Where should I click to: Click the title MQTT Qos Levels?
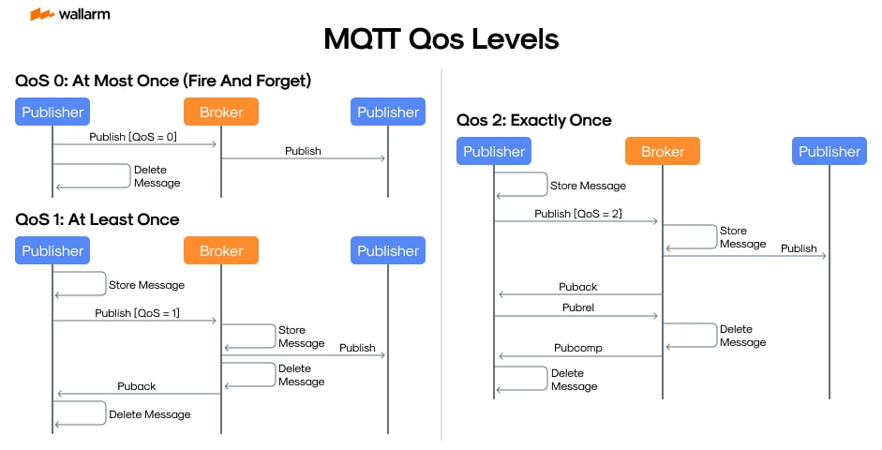[x=441, y=39]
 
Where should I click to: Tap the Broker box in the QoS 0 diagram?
[x=221, y=112]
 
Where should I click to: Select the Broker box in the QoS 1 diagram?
[x=221, y=250]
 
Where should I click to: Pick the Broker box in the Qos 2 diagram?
[x=663, y=152]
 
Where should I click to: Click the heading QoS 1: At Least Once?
[x=97, y=219]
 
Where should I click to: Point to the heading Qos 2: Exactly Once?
[x=534, y=120]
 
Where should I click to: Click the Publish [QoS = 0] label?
[x=133, y=137]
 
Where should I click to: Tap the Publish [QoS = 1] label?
[x=137, y=313]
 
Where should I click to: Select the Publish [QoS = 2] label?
[x=578, y=214]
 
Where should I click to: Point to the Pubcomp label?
[x=577, y=348]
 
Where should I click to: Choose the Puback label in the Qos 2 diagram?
[x=577, y=287]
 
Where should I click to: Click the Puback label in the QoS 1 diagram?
[x=137, y=385]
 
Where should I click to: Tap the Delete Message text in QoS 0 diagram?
[x=157, y=176]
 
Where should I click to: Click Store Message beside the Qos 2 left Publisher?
[x=588, y=186]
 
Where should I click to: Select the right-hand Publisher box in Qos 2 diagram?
[x=829, y=152]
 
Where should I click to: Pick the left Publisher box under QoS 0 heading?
[x=52, y=112]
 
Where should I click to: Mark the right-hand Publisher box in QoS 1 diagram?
[x=388, y=250]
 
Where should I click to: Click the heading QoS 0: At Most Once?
[x=163, y=82]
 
